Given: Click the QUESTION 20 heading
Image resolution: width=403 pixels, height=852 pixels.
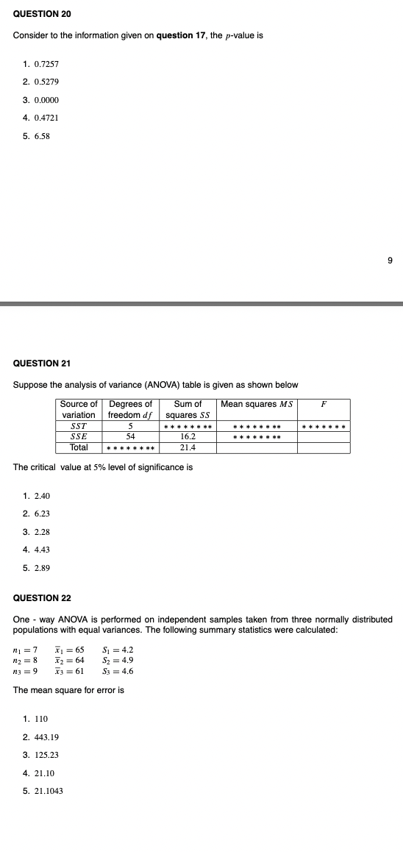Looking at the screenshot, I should [42, 15].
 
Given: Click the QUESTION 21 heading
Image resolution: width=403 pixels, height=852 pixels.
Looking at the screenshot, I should [42, 363].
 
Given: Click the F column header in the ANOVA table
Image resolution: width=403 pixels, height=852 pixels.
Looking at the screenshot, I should [324, 404].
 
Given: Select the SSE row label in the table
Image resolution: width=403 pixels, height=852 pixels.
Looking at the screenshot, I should [78, 436].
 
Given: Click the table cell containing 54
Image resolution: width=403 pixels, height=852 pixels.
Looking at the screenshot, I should [130, 436].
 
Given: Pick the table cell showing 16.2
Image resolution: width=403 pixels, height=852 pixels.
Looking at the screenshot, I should [188, 436].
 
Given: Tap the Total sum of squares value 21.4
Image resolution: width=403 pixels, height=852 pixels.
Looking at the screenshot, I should [188, 447].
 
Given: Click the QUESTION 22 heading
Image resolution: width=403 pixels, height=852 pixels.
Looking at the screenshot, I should [42, 598].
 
